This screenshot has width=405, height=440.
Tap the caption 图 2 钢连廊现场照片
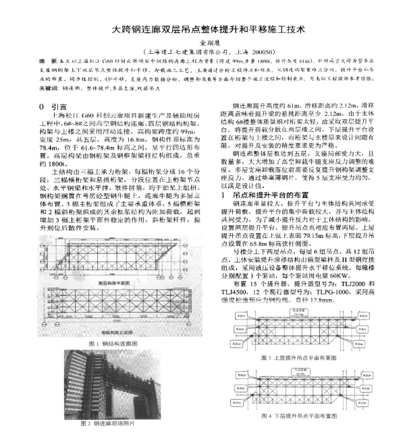(x=113, y=423)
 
